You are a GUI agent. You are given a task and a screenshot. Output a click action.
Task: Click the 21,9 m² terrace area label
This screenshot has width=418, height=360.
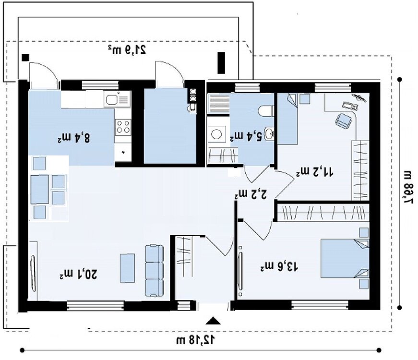[x=127, y=50]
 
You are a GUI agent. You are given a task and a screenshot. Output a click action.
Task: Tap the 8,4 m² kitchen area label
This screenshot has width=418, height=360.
[x=74, y=138]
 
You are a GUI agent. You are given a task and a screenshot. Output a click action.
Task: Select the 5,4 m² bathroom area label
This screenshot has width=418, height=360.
[x=246, y=136]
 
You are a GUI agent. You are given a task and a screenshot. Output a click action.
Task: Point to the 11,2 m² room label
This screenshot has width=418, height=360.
[x=314, y=172]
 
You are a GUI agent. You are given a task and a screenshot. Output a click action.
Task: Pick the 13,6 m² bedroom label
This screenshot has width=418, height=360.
[x=279, y=266]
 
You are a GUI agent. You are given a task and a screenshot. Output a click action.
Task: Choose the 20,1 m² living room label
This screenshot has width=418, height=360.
[x=78, y=275]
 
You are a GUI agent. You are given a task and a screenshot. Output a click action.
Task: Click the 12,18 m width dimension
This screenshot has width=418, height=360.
[x=196, y=340]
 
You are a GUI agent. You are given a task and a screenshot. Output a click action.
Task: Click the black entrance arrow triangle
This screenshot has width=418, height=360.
[x=213, y=321]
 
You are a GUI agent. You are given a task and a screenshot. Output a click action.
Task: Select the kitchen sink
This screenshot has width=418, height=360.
[x=117, y=99]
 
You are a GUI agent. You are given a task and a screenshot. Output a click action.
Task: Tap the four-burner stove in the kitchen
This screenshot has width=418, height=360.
[x=123, y=127]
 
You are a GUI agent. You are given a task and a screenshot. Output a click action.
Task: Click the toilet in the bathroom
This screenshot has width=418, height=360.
[x=266, y=111]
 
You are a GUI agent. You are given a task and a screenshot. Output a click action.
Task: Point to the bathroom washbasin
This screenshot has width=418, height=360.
[x=269, y=133]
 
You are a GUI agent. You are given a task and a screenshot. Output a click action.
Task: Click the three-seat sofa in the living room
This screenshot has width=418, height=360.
[x=155, y=270]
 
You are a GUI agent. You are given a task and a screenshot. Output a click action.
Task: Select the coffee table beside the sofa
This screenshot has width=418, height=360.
[x=128, y=268]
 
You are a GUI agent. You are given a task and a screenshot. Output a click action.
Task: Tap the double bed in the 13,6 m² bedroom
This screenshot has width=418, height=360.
[x=345, y=258]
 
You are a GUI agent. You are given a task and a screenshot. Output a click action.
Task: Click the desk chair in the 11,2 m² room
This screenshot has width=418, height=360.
[x=343, y=121]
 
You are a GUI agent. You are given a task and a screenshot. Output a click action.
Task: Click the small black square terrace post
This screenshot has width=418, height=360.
[x=25, y=58]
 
